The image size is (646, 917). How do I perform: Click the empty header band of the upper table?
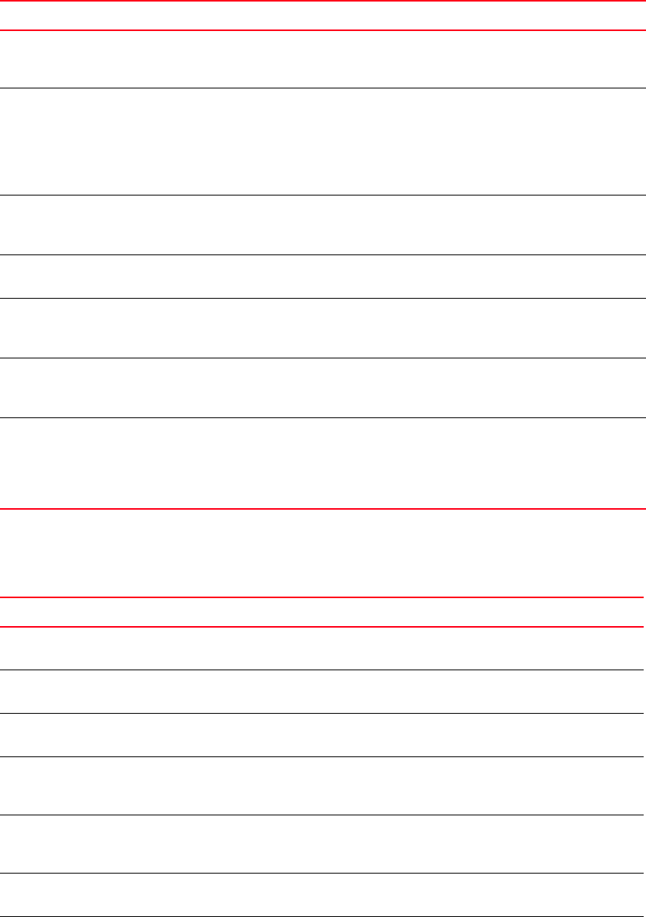[323, 16]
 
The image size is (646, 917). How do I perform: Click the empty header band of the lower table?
[323, 611]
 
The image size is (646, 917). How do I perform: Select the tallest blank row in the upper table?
[323, 141]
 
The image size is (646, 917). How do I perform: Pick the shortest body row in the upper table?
[323, 276]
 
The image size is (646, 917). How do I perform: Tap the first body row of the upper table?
[323, 59]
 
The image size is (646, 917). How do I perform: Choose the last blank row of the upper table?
[323, 463]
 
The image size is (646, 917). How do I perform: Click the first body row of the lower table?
[323, 649]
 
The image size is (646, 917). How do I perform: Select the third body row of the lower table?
[323, 735]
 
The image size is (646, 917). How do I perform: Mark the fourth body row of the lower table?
[323, 785]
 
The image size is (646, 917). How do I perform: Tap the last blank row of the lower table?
[323, 896]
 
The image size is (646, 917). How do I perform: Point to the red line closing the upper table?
[323, 509]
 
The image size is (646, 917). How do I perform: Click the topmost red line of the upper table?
[323, 1]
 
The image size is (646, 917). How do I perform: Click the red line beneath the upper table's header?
[323, 30]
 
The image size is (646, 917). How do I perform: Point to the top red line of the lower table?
[323, 597]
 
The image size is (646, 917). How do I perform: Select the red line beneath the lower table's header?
[323, 627]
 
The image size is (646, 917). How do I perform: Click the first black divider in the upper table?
[323, 88]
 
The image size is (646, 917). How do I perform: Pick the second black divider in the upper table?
[323, 195]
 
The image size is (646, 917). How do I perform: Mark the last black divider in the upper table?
[323, 418]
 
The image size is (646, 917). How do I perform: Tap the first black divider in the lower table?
[323, 670]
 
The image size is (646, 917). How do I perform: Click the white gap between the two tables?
[323, 552]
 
